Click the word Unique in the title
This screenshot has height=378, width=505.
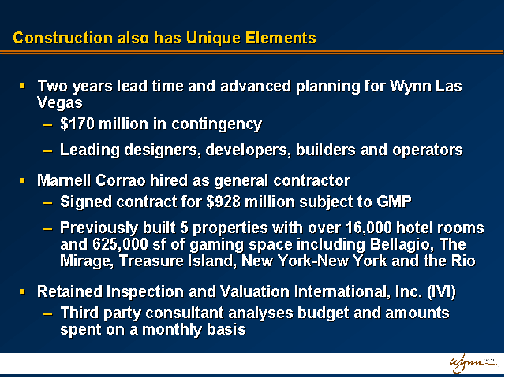tap(213, 39)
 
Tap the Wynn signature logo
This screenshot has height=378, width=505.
tap(473, 364)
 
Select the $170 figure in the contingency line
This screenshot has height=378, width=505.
tap(77, 124)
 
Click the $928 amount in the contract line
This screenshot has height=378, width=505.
tap(223, 202)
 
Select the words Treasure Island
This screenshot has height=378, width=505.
tap(176, 261)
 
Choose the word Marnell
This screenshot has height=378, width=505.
tap(64, 180)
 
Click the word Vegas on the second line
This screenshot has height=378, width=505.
tap(60, 103)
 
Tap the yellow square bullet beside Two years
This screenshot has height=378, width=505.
tap(22, 86)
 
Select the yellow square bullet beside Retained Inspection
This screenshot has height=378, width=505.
tap(22, 291)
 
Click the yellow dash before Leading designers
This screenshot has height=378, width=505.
tap(47, 150)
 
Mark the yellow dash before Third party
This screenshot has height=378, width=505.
tap(47, 313)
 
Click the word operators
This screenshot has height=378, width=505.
tap(428, 150)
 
